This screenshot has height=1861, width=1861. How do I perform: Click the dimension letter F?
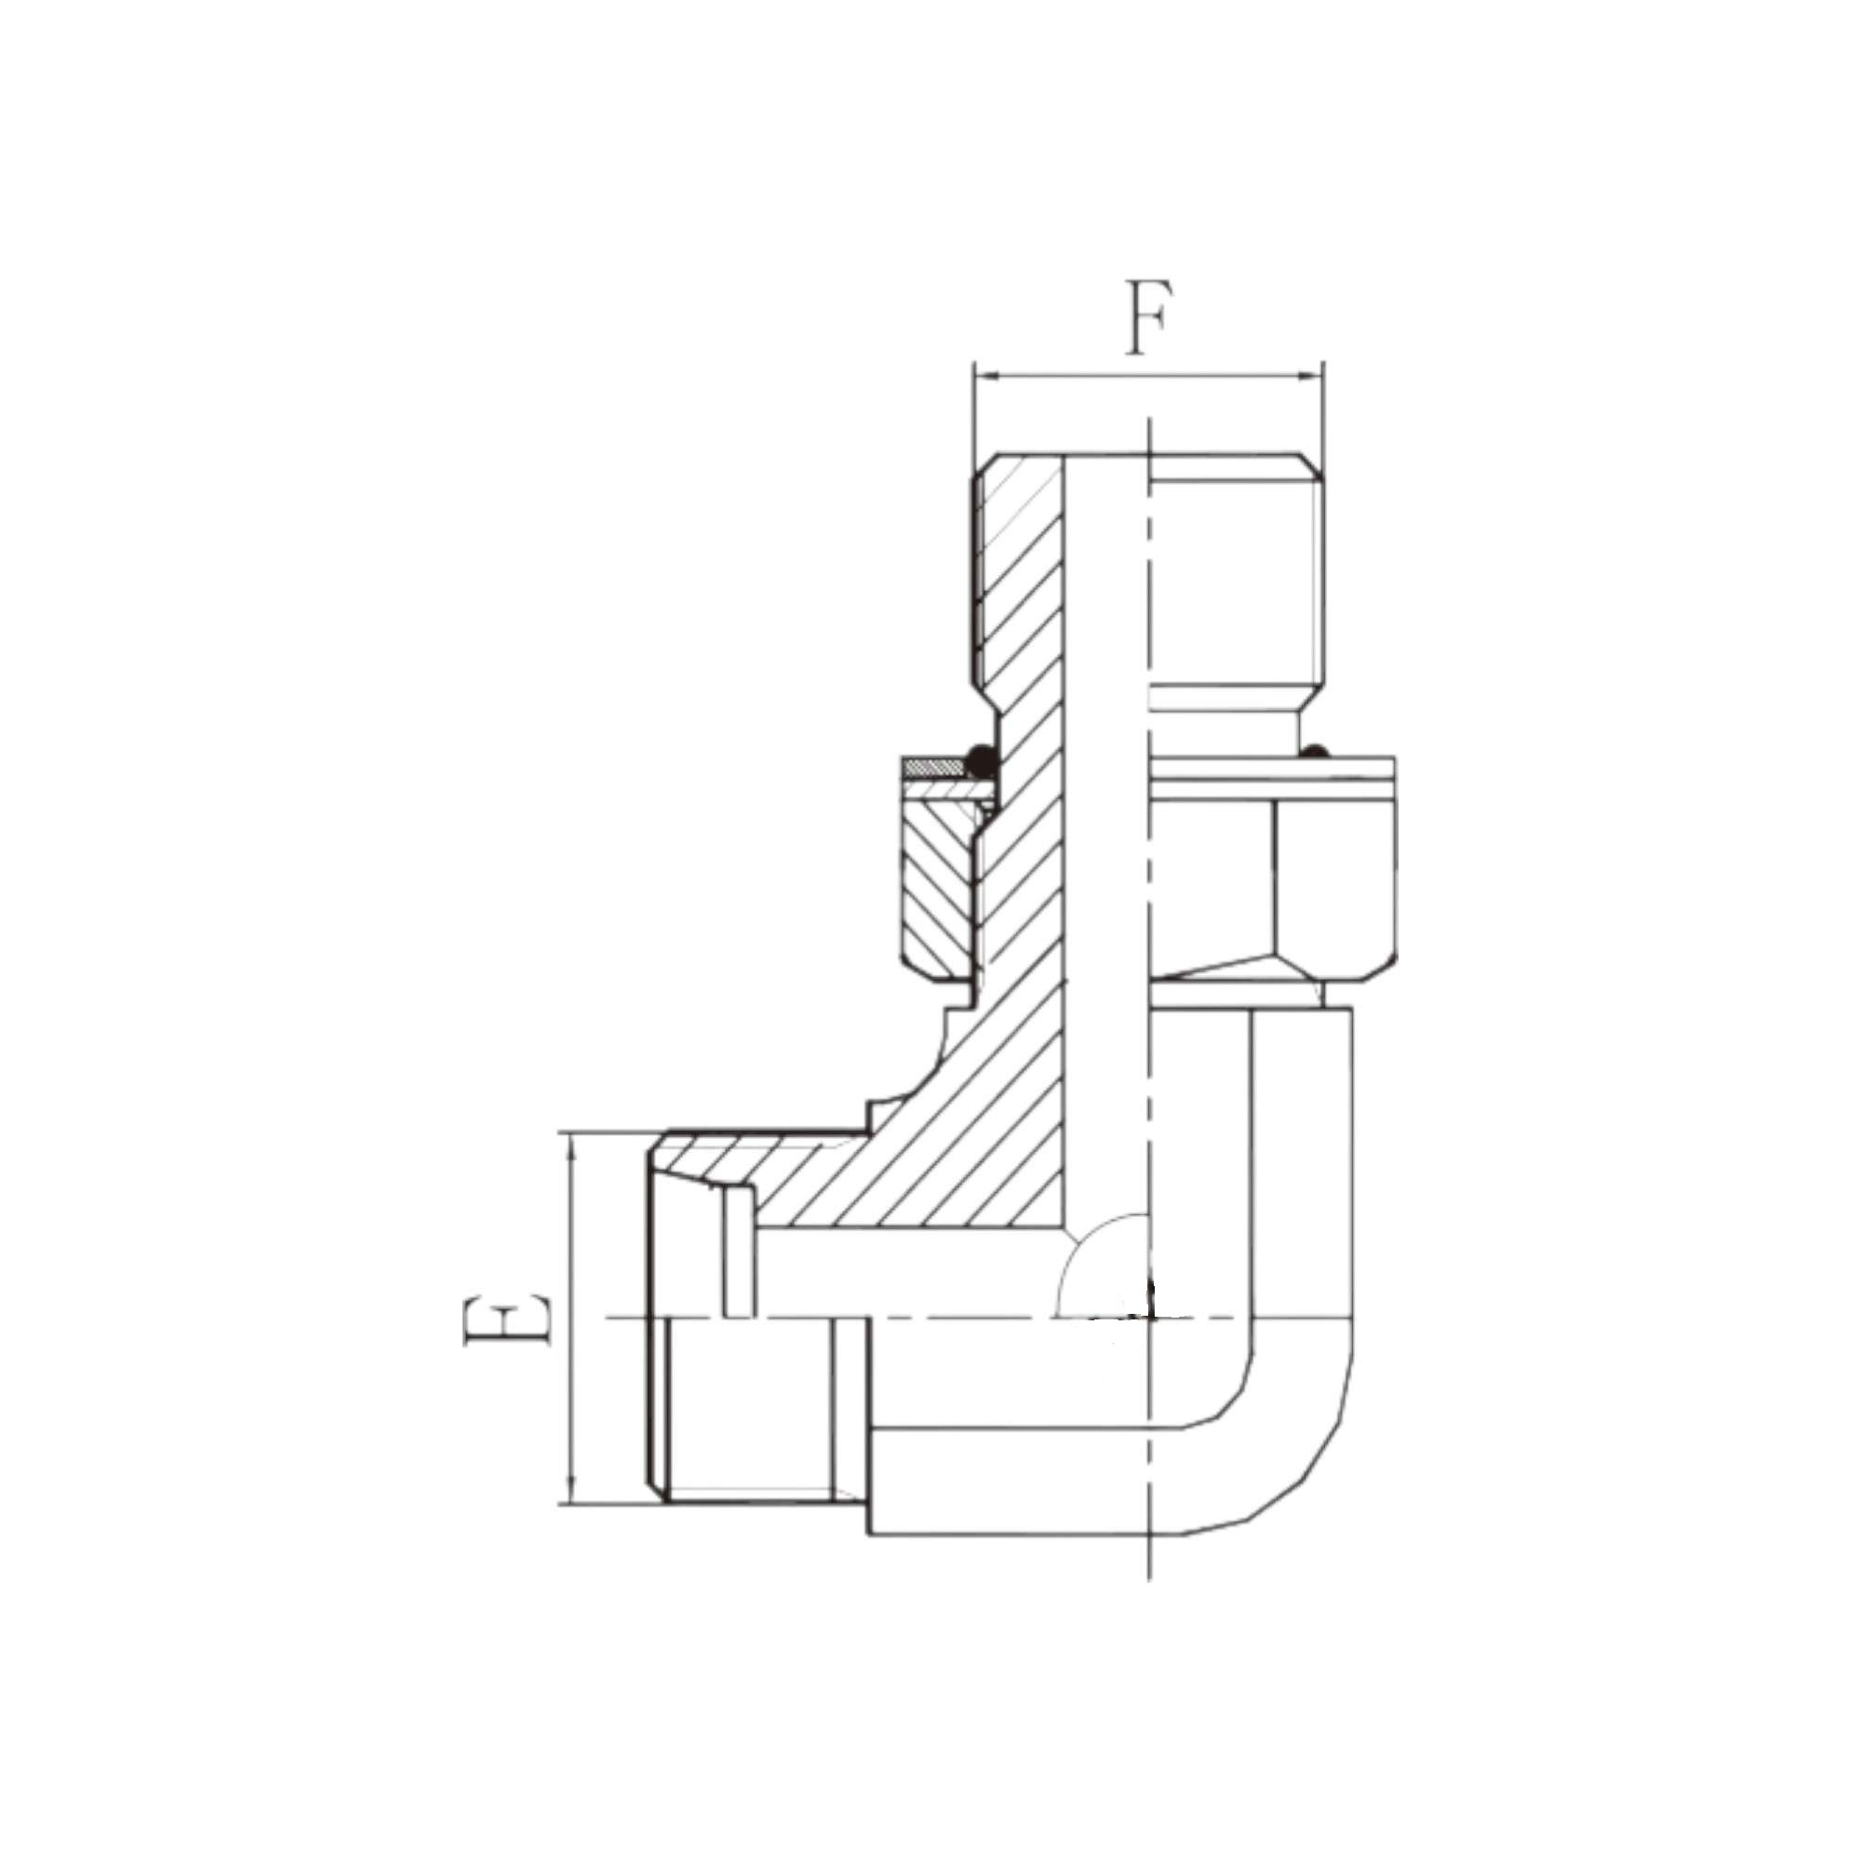pyautogui.click(x=1149, y=318)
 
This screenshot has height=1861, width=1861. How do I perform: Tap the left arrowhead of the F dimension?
pyautogui.click(x=984, y=377)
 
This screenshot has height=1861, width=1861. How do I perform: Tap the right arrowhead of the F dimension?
pyautogui.click(x=1315, y=377)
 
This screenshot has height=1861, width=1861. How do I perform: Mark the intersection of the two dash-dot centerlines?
pyautogui.click(x=1150, y=1318)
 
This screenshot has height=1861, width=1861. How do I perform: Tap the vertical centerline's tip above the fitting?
pyautogui.click(x=1150, y=423)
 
